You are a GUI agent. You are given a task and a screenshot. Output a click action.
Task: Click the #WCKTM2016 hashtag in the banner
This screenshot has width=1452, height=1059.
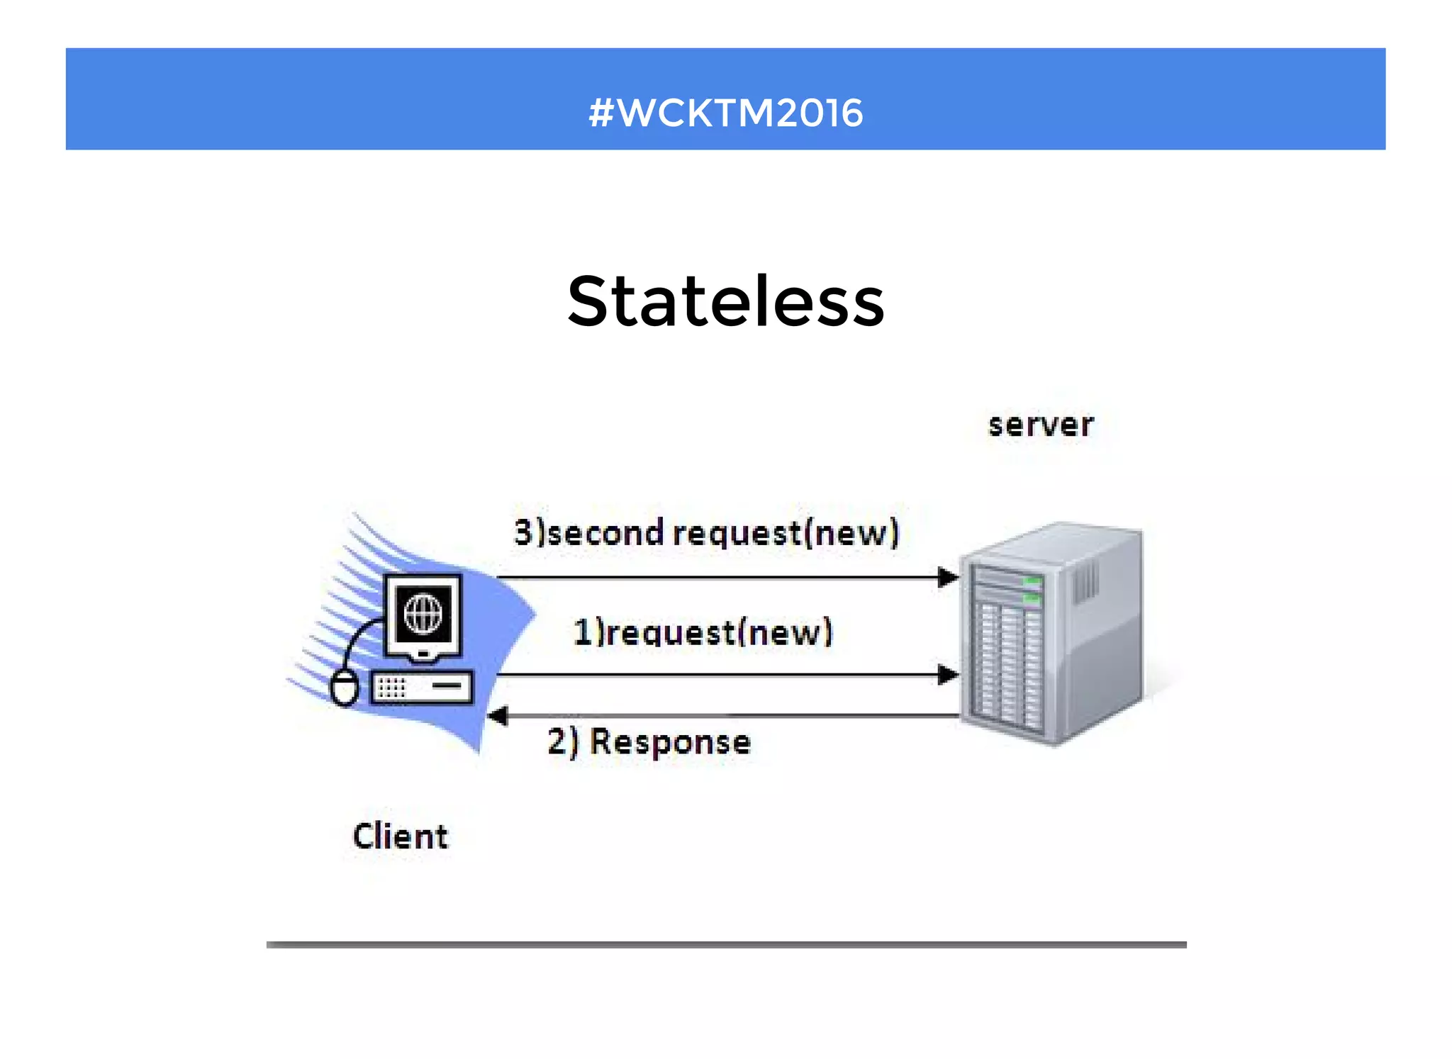point(726,113)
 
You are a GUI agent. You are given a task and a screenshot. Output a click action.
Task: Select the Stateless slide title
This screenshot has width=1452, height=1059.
point(726,302)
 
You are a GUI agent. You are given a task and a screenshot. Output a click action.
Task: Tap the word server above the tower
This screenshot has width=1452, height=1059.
point(1041,425)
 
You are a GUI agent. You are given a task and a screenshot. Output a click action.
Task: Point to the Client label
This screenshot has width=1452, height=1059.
point(401,836)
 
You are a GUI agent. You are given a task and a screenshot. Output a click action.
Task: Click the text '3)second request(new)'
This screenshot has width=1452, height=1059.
point(706,533)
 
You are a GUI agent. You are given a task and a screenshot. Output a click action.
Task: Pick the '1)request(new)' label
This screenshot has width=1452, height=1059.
point(703,632)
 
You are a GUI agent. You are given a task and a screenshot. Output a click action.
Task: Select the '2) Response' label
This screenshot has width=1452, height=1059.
point(649,742)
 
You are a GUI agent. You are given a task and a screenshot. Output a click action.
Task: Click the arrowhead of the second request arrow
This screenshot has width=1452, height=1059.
point(947,578)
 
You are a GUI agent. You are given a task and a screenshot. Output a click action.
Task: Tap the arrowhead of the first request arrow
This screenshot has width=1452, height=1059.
point(947,675)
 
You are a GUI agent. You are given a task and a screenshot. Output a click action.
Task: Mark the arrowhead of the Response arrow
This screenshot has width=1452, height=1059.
point(498,716)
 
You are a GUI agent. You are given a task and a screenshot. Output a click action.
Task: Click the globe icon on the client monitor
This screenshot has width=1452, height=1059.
point(423,613)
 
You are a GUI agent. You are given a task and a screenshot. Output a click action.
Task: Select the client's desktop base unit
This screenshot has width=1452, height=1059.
point(422,686)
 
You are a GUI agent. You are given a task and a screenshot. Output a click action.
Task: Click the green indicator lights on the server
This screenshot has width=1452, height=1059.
point(1032,589)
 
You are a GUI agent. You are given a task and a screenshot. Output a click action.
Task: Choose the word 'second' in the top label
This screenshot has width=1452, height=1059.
point(606,533)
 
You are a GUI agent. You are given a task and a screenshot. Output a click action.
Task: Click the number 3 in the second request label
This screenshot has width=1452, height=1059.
point(523,532)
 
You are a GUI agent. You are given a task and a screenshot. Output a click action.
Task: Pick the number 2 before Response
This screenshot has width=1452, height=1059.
point(557,741)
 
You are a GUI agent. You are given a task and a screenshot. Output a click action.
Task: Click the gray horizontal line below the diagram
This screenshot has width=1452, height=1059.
point(726,944)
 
